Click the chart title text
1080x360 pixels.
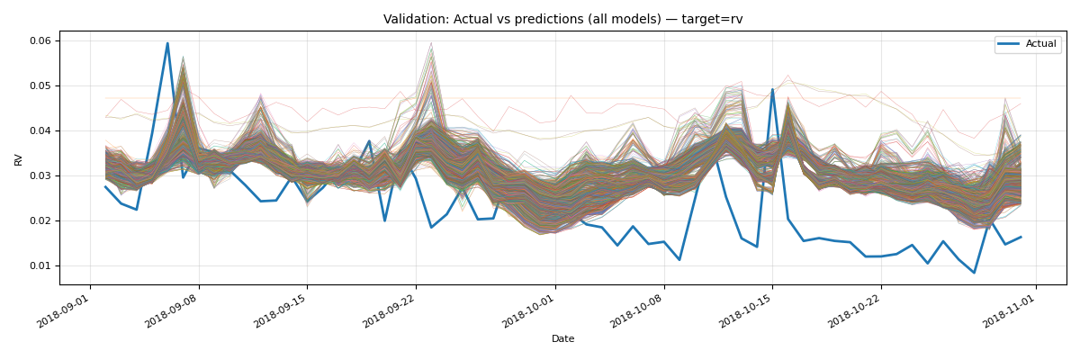[562, 19]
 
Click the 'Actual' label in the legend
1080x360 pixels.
[1040, 44]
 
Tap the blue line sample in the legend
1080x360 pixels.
[1010, 44]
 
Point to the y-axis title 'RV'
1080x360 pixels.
[19, 158]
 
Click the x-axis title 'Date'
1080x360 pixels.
[562, 339]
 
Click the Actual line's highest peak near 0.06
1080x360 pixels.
[167, 43]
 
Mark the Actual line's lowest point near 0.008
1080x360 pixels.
[974, 273]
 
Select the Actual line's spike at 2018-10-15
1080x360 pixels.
[772, 89]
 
